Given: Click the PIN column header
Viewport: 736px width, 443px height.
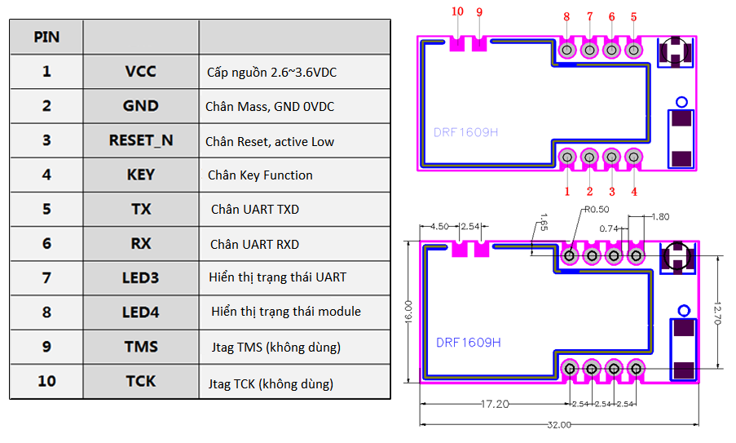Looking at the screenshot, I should [x=46, y=38].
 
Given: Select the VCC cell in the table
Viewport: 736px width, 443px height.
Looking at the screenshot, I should [x=140, y=72].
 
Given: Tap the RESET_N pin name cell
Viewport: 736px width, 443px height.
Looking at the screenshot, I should [x=141, y=140].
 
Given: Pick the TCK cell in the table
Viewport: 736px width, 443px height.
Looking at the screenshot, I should [x=141, y=381].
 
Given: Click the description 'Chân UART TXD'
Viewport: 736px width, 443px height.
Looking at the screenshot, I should [x=255, y=210].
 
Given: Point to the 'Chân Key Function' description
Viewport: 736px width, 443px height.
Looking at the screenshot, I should [x=260, y=175].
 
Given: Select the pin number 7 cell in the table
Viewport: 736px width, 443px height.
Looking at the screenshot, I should [x=46, y=277].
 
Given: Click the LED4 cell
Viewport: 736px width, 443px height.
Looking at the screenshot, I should [x=140, y=312].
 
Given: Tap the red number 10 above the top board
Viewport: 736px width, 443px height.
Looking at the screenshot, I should [x=457, y=12].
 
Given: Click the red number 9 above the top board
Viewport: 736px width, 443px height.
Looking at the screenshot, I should [x=479, y=12].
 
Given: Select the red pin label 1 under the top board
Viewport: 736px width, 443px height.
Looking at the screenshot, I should [x=567, y=192].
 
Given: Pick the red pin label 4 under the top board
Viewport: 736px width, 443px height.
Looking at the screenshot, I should [x=634, y=192].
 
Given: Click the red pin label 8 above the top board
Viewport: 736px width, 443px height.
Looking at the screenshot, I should [x=566, y=17].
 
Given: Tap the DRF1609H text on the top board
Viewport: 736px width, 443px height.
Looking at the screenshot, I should [x=466, y=131].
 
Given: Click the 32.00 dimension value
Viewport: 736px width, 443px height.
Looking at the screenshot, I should [x=559, y=425].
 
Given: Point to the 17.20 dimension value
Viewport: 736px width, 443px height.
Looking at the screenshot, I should [x=495, y=404].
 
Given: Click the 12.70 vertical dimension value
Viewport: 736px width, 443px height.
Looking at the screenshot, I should [x=716, y=311].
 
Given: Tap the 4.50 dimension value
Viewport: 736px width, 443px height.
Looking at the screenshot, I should [x=439, y=226].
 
